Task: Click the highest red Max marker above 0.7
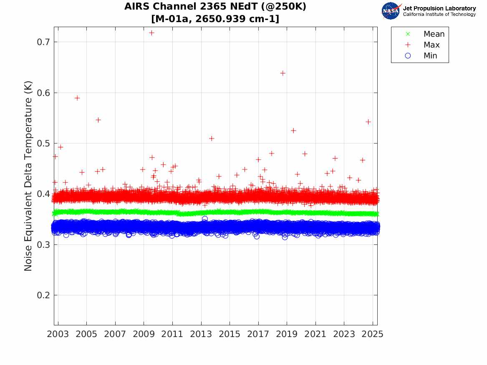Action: [151, 33]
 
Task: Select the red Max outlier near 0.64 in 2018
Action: [283, 73]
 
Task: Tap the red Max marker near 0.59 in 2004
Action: [77, 98]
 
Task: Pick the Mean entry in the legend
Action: [434, 34]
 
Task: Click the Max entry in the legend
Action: [431, 45]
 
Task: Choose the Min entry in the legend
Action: [431, 56]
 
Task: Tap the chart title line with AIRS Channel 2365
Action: [215, 8]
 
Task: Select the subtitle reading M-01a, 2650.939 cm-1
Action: [215, 19]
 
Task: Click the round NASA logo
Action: [391, 11]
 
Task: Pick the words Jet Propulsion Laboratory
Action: [439, 8]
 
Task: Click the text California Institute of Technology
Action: [439, 15]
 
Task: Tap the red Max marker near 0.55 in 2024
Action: [368, 122]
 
